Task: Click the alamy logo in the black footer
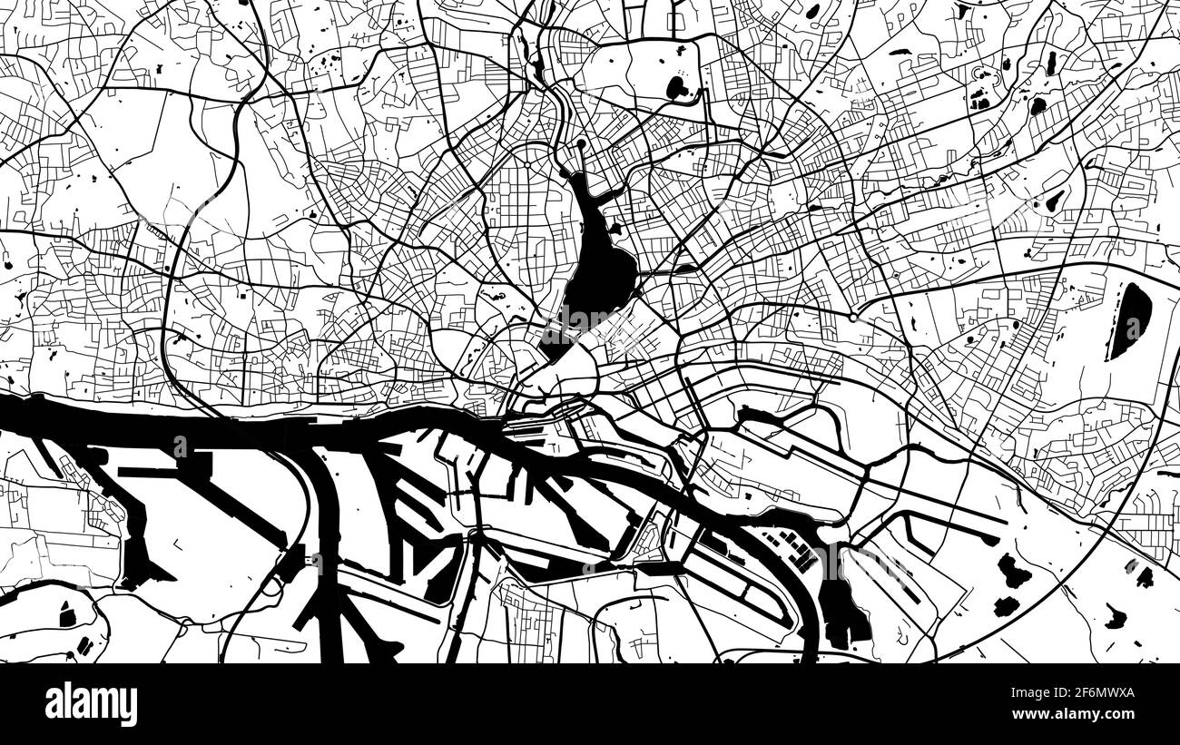click(91, 704)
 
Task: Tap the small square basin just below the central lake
click(555, 345)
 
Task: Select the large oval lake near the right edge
click(1130, 319)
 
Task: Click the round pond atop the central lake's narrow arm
click(581, 146)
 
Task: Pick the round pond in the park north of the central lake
click(676, 87)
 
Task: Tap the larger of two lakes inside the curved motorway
click(1013, 571)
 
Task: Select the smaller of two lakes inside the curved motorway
click(1005, 606)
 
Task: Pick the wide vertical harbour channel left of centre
click(329, 544)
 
